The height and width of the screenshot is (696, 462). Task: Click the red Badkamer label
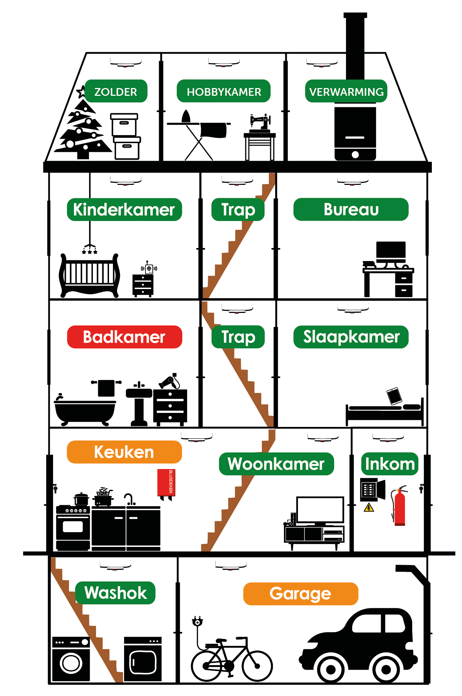(x=124, y=337)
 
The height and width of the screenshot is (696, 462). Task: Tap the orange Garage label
(x=300, y=594)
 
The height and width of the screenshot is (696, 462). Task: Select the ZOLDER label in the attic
(x=116, y=92)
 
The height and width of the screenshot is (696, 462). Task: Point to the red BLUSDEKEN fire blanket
(x=166, y=483)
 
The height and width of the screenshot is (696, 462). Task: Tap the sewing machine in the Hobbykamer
(x=260, y=122)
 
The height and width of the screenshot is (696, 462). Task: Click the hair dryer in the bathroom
(x=169, y=382)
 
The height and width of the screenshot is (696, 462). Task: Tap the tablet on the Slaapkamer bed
(x=394, y=396)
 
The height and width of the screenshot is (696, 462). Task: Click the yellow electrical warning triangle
(x=369, y=508)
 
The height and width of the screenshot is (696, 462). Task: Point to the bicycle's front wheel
(x=257, y=665)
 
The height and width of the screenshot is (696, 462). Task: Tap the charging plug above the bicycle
(x=197, y=622)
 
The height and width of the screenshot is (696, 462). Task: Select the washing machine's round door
(x=71, y=663)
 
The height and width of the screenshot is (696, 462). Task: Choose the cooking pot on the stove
(x=81, y=498)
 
